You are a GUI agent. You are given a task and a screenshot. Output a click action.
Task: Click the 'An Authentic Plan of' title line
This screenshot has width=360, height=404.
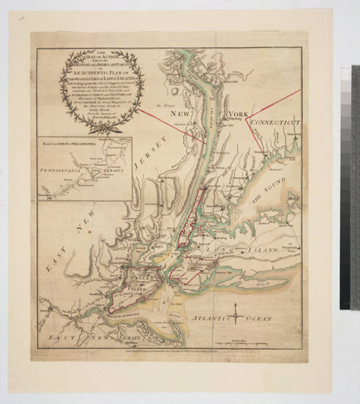click(80, 73)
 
